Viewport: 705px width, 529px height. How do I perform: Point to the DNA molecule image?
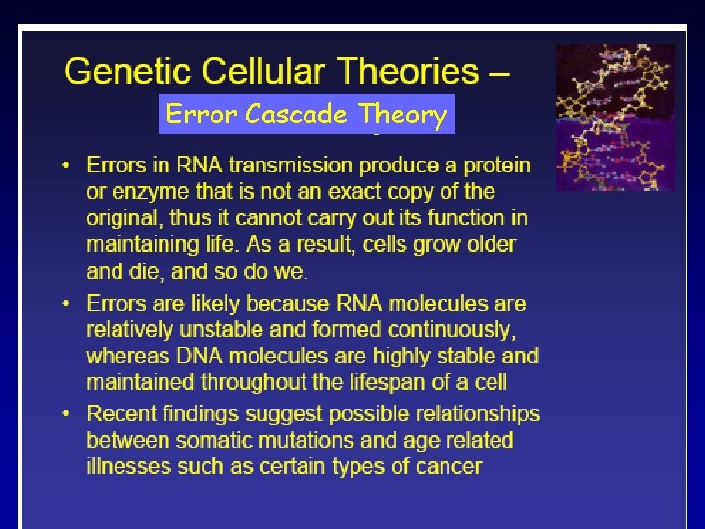[x=615, y=117]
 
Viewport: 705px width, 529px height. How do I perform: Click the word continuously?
[x=450, y=330]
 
